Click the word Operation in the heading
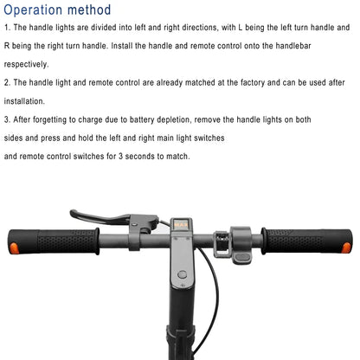(x=33, y=10)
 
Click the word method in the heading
(x=89, y=10)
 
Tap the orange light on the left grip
(x=14, y=248)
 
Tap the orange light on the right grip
(x=346, y=247)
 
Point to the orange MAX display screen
(x=181, y=224)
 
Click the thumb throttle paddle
(x=243, y=257)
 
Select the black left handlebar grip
(x=54, y=241)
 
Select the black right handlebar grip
(x=306, y=241)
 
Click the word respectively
(x=26, y=64)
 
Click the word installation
(x=24, y=101)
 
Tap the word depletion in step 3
(x=174, y=119)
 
